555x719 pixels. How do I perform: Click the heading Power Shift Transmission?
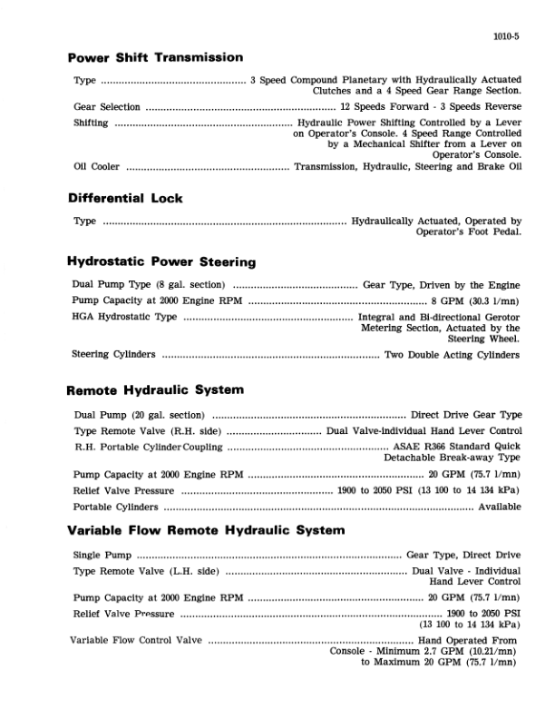155,57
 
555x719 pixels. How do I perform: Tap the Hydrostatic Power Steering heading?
161,261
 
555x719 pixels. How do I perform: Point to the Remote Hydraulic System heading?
155,390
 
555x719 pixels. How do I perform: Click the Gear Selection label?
106,106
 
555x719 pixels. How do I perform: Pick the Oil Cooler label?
97,166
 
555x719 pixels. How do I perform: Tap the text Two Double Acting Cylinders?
453,354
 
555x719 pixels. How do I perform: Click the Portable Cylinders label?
115,507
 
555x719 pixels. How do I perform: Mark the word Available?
499,507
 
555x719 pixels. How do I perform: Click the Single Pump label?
102,554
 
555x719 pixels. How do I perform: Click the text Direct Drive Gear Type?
466,414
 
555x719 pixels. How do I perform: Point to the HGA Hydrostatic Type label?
125,316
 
